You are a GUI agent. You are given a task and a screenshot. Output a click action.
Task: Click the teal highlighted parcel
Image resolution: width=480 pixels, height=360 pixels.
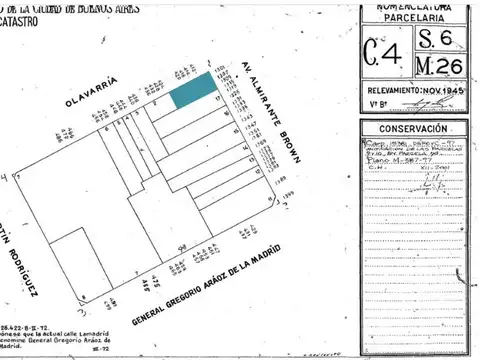190,93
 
